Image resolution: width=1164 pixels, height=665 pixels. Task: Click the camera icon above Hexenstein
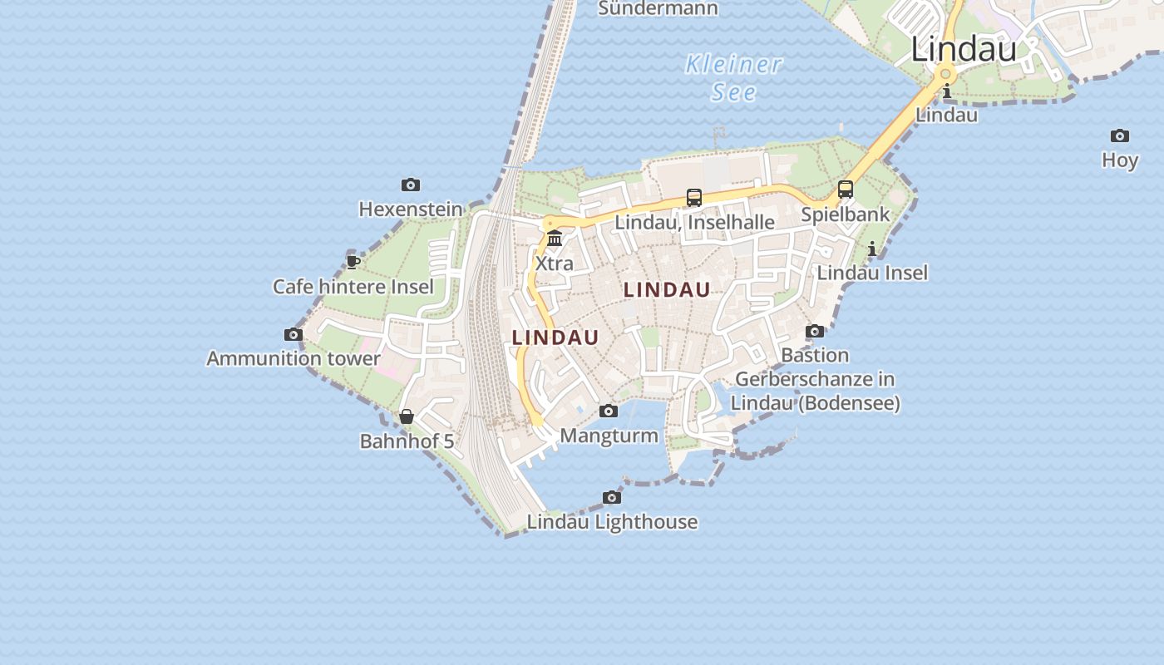pos(410,185)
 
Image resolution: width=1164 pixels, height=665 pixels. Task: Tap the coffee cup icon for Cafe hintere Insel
pos(353,263)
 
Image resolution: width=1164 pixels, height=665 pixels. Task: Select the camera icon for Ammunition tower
pos(293,334)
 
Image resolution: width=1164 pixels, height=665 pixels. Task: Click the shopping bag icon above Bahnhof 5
pos(407,416)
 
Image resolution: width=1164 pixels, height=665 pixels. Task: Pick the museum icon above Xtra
pos(555,239)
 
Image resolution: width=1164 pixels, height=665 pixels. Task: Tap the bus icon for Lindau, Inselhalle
pos(694,198)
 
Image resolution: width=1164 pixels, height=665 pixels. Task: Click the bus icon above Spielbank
pos(846,190)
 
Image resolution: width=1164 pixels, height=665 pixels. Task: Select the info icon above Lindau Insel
pos(872,249)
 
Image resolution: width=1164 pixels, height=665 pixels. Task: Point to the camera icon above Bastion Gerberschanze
pos(815,331)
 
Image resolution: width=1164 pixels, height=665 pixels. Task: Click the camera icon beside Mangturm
pos(609,411)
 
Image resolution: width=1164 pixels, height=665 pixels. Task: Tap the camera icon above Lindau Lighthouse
pos(612,497)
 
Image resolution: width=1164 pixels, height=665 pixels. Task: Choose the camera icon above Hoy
pos(1120,135)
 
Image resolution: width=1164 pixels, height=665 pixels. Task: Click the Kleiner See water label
pos(734,77)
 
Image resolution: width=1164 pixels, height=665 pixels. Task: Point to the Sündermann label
pos(658,9)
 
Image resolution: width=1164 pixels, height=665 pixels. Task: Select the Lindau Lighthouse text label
pos(612,522)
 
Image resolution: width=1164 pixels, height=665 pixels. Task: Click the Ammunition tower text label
pos(293,359)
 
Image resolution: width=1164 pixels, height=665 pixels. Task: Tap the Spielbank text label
pos(846,214)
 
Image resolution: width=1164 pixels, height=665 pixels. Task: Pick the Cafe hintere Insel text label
pos(353,287)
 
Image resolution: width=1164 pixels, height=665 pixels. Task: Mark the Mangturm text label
pos(609,436)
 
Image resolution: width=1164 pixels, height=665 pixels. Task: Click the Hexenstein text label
pos(410,209)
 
